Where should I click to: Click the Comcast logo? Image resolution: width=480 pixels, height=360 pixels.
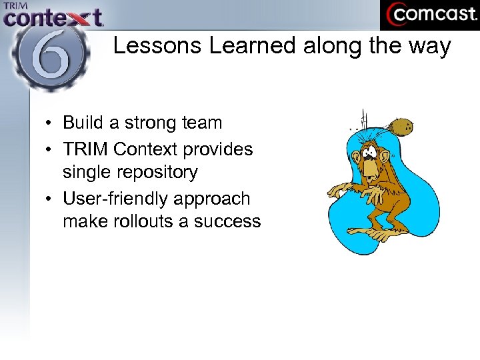pos(429,15)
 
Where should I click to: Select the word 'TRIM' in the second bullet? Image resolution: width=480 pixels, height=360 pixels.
pos(83,149)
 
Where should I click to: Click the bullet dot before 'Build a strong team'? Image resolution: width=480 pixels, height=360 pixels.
pos(50,123)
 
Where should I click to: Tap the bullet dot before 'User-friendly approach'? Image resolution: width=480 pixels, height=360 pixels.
pos(50,199)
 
